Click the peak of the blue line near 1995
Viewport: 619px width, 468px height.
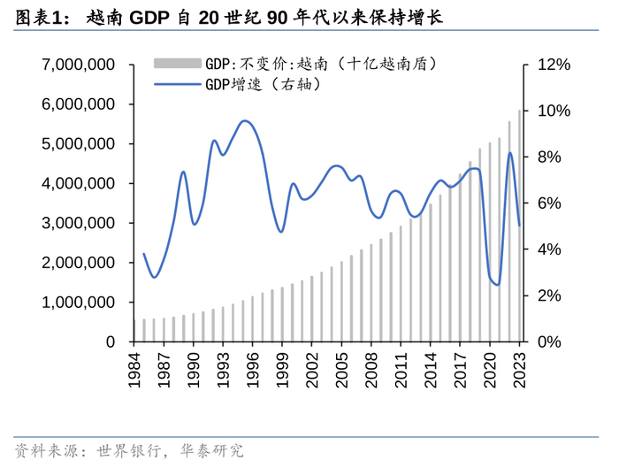[x=246, y=121]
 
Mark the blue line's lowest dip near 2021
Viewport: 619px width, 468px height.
[x=498, y=285]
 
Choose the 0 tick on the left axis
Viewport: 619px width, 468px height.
[x=111, y=341]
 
